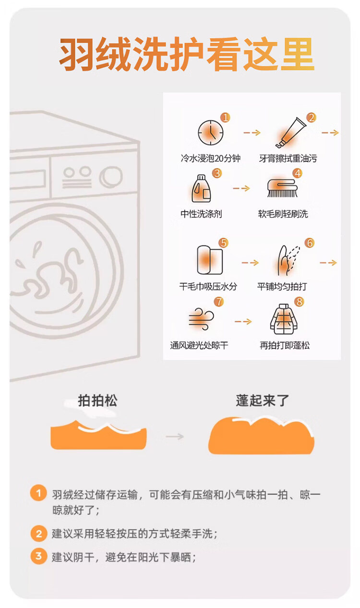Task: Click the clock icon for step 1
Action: coord(211,133)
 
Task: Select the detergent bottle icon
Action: coord(201,189)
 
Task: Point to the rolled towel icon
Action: coord(209,260)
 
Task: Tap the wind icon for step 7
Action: coord(201,319)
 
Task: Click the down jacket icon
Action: coord(284,319)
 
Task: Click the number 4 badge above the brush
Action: coord(298,173)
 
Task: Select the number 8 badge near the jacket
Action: coord(299,301)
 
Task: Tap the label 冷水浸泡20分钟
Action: coord(211,158)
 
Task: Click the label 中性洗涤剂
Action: coord(201,214)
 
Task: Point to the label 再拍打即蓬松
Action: coord(285,345)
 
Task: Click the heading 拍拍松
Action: coord(97,401)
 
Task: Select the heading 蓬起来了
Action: coord(263,401)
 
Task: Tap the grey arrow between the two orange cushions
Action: coord(175,437)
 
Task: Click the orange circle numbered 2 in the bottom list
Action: coord(39,534)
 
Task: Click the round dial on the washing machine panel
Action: coord(111,177)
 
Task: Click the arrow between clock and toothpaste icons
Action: coord(252,133)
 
